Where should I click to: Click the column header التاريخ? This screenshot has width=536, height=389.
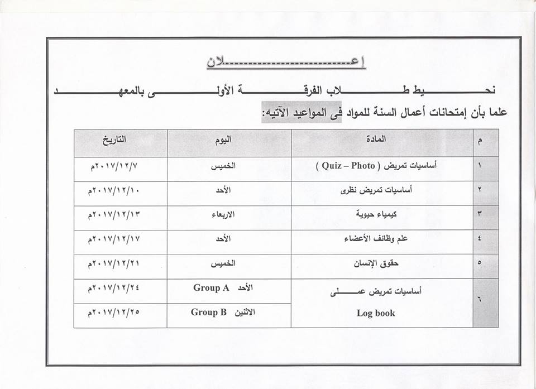(x=113, y=140)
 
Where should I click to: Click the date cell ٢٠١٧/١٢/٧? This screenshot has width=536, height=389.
(x=113, y=166)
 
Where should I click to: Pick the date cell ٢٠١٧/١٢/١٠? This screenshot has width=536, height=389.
(x=113, y=190)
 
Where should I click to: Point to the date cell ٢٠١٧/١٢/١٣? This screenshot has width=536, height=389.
(x=113, y=215)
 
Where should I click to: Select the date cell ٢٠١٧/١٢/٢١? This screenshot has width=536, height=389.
(x=113, y=264)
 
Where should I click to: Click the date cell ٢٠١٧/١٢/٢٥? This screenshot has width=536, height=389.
(x=113, y=313)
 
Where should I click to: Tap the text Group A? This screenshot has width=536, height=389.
(x=212, y=288)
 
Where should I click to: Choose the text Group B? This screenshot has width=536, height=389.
(x=209, y=313)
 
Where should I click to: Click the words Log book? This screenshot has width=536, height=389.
(x=376, y=313)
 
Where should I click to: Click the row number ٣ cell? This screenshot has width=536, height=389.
(x=480, y=215)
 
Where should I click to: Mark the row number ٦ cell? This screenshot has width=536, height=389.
(x=480, y=300)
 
